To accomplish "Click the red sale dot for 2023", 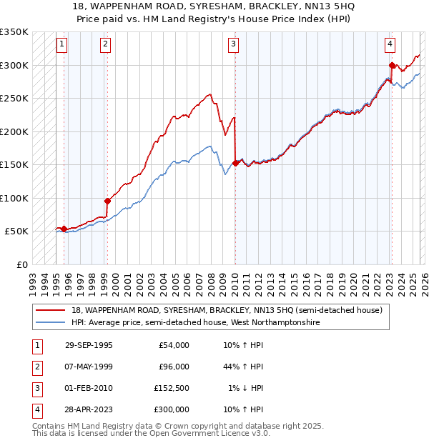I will tap(392, 66).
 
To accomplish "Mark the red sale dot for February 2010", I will tap(235, 164).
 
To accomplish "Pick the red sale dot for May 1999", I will tap(107, 201).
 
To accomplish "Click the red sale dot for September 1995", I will tap(64, 229).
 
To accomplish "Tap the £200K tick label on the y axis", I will tap(14, 131).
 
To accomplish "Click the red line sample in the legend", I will tap(51, 311).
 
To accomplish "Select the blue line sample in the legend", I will tap(51, 323).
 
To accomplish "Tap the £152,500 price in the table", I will tap(171, 388).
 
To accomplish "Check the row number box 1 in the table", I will tap(35, 345).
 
